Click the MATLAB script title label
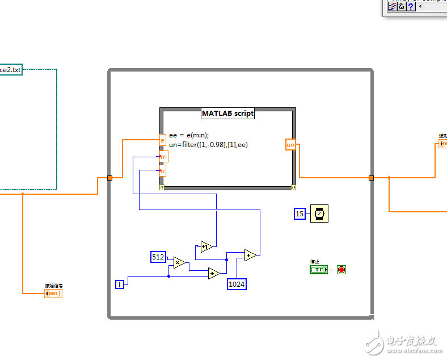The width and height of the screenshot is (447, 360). point(228,113)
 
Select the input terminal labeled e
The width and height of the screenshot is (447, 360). point(162,140)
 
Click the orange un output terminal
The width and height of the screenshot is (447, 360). point(290,145)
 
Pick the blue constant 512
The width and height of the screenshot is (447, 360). point(158,257)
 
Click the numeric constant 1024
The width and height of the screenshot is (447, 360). point(237,284)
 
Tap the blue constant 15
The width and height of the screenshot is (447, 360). point(300,214)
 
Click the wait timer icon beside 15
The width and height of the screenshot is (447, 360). point(319,214)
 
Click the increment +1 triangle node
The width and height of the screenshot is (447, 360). point(206,246)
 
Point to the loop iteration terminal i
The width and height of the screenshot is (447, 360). point(120,284)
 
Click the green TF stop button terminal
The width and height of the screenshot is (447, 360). point(319,269)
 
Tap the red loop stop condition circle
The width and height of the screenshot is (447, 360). point(341,269)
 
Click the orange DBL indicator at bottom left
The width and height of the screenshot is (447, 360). point(53,293)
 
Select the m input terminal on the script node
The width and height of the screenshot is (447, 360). point(163,156)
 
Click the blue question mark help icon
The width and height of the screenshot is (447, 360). point(411,6)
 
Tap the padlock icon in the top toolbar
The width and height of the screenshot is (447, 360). point(401,6)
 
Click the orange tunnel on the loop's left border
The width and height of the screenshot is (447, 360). point(110,178)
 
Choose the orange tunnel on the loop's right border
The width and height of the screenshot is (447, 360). point(371,178)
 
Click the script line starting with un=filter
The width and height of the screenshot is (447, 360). point(208,145)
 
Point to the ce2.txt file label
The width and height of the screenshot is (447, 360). point(10,70)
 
